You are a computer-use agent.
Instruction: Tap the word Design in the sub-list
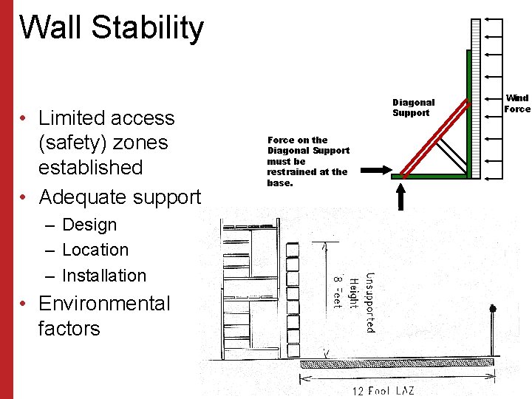coord(89,225)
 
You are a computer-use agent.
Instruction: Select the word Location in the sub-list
coord(95,250)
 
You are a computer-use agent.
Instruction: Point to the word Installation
coord(104,276)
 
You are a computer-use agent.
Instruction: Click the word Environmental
coord(104,304)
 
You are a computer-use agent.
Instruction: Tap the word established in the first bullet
coord(90,167)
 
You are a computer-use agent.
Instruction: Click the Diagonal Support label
coord(413,107)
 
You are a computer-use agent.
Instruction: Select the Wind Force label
coord(516,103)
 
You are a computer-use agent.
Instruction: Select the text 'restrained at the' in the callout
coord(307,172)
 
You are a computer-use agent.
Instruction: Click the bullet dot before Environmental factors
coord(24,304)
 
